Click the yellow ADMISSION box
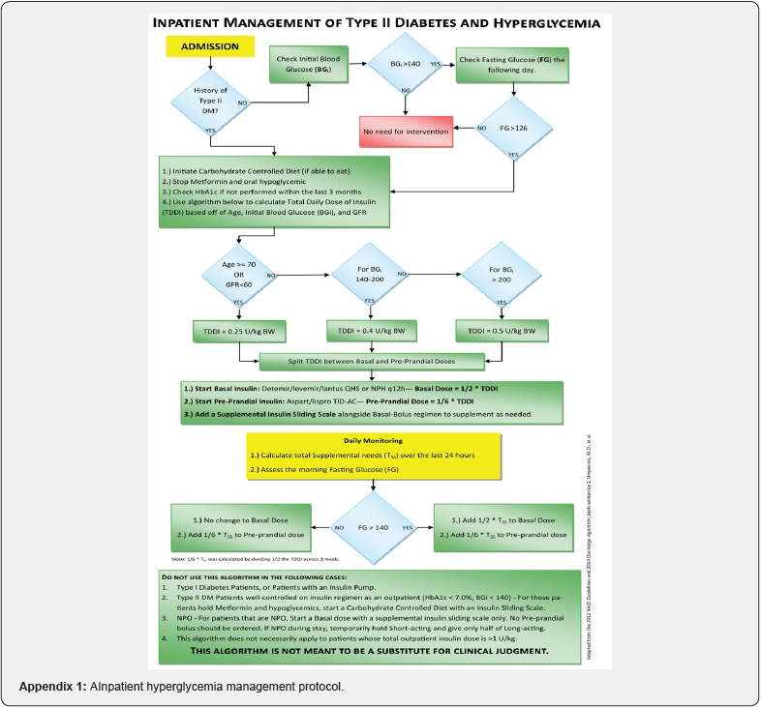[210, 45]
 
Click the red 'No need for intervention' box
[406, 130]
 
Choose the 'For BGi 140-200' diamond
[369, 275]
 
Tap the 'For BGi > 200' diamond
[501, 275]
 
